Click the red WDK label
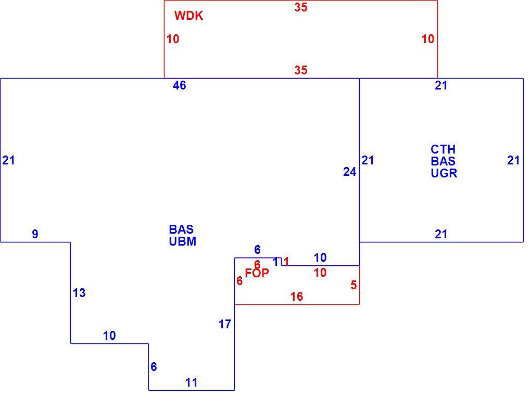pos(188,16)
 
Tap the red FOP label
pos(257,273)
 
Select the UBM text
pos(183,241)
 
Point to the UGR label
pos(444,173)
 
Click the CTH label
pos(443,149)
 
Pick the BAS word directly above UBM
pos(181,229)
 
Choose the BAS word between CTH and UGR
pos(443,161)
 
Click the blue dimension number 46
pos(180,85)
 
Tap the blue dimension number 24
pos(349,172)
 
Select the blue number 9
pos(35,234)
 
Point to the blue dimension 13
pos(79,293)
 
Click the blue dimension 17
pos(225,324)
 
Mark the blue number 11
pos(192,382)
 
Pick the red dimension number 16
pos(297,297)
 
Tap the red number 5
pos(353,285)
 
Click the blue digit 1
pos(276,262)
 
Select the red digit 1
pos(286,262)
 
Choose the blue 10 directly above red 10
pos(320,258)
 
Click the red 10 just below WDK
pos(173,39)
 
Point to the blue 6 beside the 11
pos(154,367)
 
